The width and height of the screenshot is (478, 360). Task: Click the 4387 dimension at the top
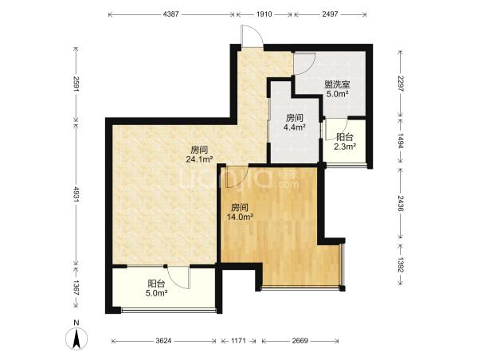point(172,14)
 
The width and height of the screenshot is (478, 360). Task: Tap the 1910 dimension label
point(264,14)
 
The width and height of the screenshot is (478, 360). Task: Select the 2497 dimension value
point(330,14)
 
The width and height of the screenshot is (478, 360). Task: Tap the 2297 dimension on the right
point(400,84)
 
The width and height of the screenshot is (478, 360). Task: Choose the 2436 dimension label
point(400,203)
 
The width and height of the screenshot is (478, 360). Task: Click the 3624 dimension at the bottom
point(163,341)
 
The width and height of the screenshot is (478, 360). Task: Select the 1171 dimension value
point(238,341)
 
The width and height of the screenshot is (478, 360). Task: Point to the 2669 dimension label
point(300,341)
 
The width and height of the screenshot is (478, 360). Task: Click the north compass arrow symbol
point(76,339)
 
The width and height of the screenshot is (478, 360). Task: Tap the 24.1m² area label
point(199,158)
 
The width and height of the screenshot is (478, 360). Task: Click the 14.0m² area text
point(240,217)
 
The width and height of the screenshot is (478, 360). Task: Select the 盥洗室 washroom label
point(337,84)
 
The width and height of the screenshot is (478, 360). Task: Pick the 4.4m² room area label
point(295,127)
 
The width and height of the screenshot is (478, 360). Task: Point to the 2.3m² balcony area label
point(345,147)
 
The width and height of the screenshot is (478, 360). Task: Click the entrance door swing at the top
point(252,36)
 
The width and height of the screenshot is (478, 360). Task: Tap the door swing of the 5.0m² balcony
point(179,277)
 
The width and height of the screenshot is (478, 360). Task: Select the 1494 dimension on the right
point(400,142)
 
